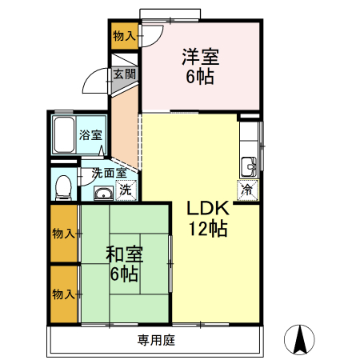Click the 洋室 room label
[200, 57]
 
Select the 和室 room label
[124, 254]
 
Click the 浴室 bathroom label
[90, 135]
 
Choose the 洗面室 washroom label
[108, 172]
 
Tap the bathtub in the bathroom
[64, 134]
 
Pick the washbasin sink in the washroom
[102, 193]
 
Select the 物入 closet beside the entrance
[124, 36]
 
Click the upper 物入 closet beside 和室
[64, 234]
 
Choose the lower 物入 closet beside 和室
[64, 294]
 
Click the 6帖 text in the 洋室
[200, 77]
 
